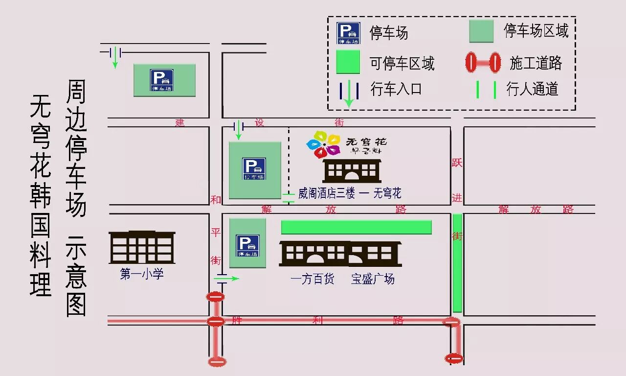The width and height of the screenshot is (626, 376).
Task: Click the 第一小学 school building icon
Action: click(x=142, y=247)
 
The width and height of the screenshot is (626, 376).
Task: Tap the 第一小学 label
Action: click(x=142, y=274)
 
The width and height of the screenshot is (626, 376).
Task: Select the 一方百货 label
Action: click(x=313, y=280)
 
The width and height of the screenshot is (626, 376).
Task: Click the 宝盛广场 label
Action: click(x=373, y=280)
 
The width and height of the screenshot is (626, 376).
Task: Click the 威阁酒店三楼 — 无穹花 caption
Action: click(x=350, y=193)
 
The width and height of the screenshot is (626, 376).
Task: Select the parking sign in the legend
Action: click(x=348, y=33)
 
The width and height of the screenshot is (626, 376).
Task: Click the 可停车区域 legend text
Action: click(x=402, y=63)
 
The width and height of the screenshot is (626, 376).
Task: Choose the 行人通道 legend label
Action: click(x=533, y=89)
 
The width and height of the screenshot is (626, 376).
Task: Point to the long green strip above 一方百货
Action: click(x=356, y=227)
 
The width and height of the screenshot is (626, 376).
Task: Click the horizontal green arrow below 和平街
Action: click(x=227, y=279)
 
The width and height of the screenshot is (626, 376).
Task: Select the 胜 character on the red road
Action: click(x=237, y=321)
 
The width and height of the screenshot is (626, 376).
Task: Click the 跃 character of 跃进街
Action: click(x=457, y=163)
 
